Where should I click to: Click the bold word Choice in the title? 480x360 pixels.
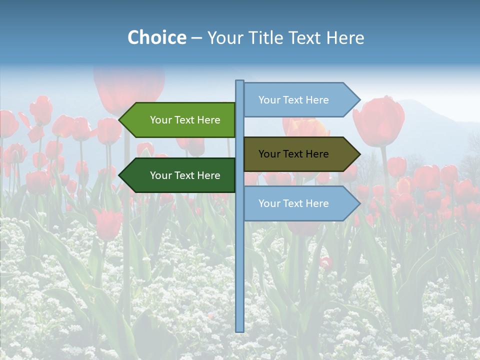(x=156, y=38)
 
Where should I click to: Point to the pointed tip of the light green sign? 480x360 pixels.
(x=120, y=120)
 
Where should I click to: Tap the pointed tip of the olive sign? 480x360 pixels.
(x=359, y=154)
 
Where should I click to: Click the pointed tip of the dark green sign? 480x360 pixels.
(x=120, y=175)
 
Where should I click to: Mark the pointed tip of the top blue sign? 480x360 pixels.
(x=359, y=100)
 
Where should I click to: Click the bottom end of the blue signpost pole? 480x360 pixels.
(x=240, y=330)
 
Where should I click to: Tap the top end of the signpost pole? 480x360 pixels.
(x=240, y=81)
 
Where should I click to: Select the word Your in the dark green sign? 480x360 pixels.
(x=160, y=175)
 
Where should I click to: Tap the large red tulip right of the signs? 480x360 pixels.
(x=378, y=121)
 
